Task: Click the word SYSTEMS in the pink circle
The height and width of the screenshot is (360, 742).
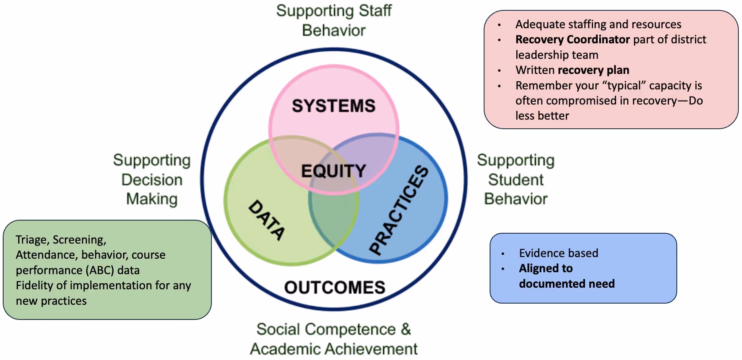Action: (x=333, y=106)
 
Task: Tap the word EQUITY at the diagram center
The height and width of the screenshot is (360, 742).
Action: (x=333, y=171)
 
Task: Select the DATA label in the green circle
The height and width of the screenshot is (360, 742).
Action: (x=267, y=220)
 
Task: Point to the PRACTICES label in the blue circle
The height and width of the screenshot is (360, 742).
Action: (x=399, y=209)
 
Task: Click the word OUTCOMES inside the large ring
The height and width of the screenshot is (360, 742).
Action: (x=335, y=287)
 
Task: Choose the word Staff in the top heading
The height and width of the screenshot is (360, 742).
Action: (x=375, y=11)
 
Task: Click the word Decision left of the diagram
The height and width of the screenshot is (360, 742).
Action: (x=152, y=180)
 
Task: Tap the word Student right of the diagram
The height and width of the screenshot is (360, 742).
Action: (x=515, y=180)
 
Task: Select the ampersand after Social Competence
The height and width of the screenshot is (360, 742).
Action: (x=406, y=329)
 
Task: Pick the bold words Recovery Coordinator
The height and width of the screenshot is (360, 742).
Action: (x=572, y=40)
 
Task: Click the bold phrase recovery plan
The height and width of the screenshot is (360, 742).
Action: (x=593, y=70)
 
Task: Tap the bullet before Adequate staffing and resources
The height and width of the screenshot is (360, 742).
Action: (x=499, y=25)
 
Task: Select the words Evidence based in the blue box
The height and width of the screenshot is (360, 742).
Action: (x=558, y=253)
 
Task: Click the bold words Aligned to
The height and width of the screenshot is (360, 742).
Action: (x=546, y=269)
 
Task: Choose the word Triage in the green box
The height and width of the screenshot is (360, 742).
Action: (x=31, y=240)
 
